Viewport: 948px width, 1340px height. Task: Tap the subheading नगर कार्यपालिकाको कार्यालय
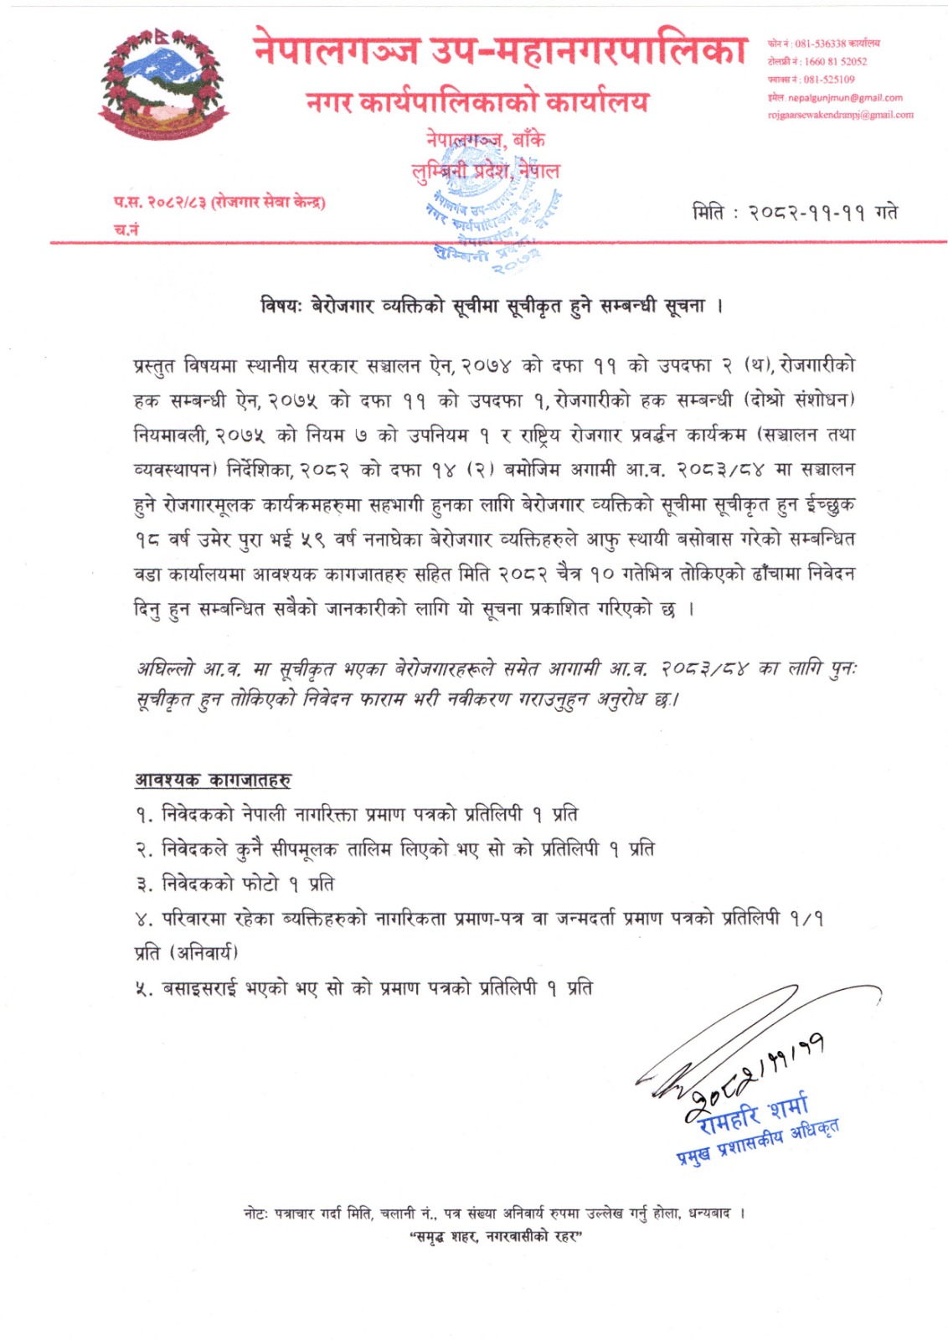[x=477, y=102]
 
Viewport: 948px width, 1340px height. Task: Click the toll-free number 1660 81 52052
[x=835, y=61]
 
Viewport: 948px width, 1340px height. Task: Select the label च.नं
[x=126, y=229]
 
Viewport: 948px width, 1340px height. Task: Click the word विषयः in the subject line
[x=282, y=307]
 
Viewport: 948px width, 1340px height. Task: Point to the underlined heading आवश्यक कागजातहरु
[x=213, y=780]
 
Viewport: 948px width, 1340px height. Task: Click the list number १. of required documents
[x=143, y=814]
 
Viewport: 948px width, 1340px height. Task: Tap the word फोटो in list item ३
[x=260, y=884]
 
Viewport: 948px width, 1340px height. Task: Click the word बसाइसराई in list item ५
[x=199, y=988]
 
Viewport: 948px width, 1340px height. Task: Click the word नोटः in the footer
[x=255, y=1214]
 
